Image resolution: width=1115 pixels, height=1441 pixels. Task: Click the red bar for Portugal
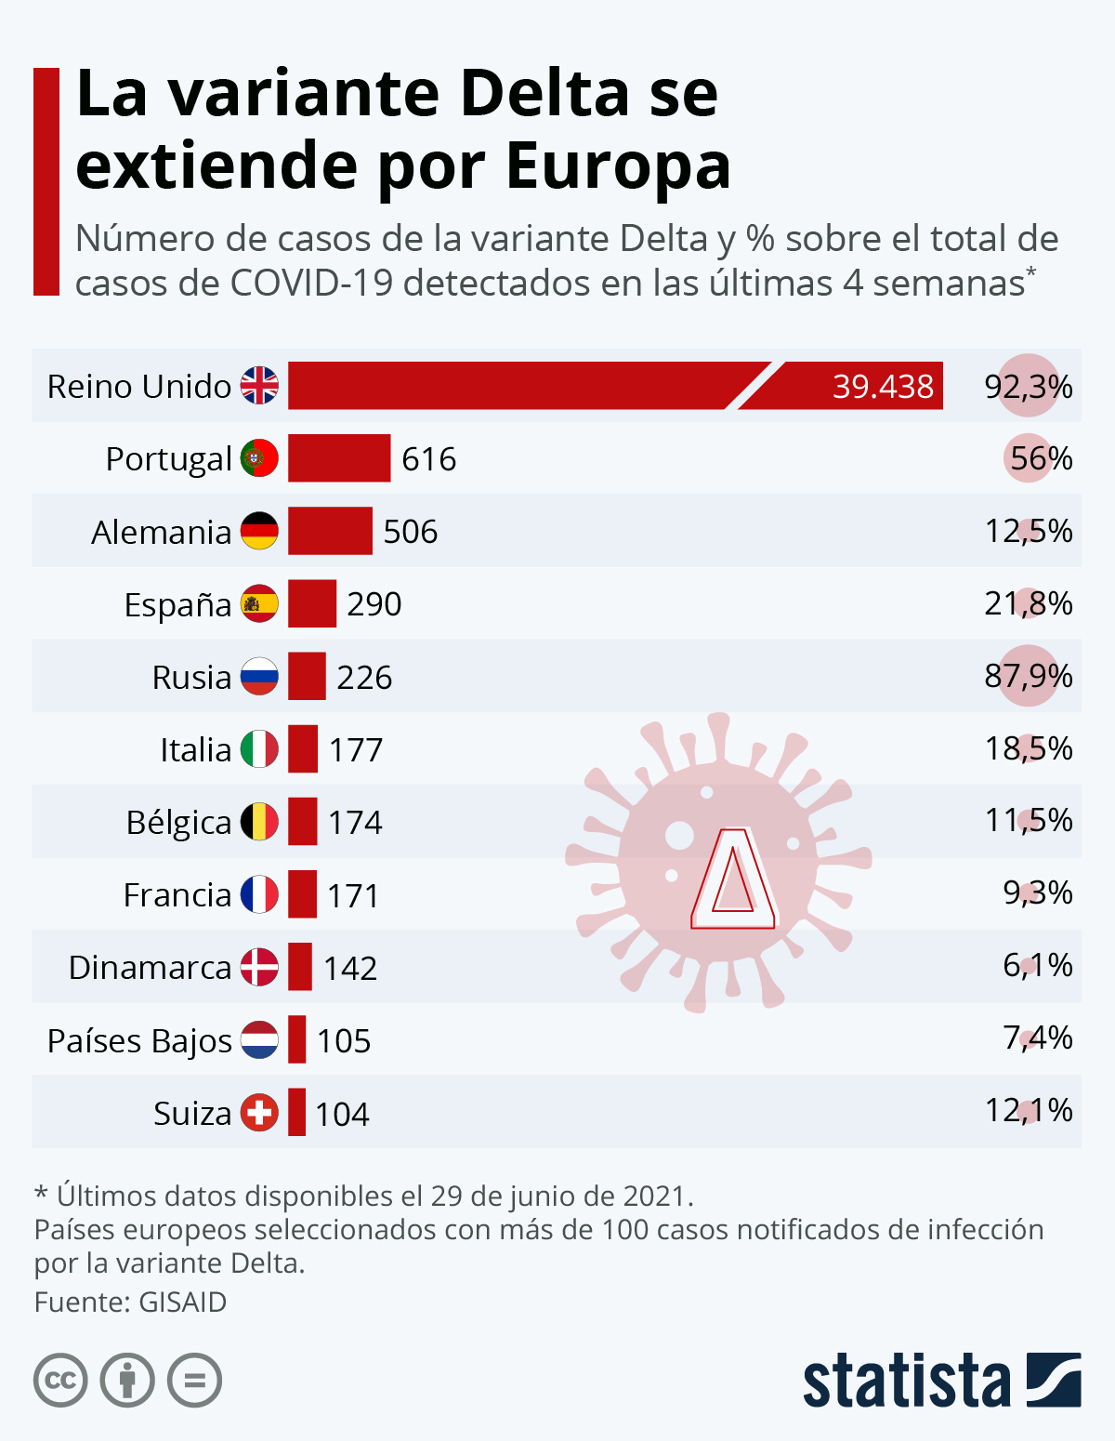pos(339,458)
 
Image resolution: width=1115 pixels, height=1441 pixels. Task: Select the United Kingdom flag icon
pos(259,386)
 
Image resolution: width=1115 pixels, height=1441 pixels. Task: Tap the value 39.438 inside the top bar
pos(883,386)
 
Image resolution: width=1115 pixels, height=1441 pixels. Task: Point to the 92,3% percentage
pos(1029,386)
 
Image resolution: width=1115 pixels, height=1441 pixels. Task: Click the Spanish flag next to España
pos(259,604)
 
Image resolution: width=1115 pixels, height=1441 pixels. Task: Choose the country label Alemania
pos(162,532)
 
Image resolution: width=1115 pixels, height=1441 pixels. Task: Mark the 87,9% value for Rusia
pos(1029,676)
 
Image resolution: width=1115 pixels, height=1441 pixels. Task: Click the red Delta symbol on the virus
pos(733,879)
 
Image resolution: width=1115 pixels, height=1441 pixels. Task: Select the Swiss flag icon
pos(259,1113)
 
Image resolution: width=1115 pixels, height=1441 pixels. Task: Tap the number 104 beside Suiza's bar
pos(342,1114)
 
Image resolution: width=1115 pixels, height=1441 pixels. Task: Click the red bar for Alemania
pos(330,531)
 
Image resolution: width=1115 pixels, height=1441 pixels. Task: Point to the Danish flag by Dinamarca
pos(259,968)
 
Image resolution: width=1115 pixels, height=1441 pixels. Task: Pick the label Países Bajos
pos(139,1041)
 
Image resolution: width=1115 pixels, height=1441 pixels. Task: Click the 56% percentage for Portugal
pos(1041,458)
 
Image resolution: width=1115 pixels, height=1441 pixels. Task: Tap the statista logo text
pos(906,1382)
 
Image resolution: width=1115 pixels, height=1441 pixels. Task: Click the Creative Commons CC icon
pos(60,1381)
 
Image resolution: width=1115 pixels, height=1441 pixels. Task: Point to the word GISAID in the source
pos(182,1302)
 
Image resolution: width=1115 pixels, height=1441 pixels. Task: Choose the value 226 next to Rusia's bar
pos(364,677)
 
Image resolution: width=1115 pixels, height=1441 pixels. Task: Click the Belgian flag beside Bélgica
pos(259,823)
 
